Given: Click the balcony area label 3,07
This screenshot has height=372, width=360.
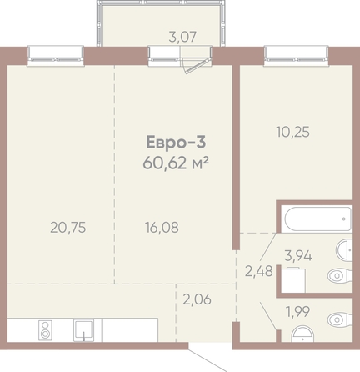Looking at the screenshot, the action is coord(182,37).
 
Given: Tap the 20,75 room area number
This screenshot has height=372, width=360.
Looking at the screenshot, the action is coord(68,228).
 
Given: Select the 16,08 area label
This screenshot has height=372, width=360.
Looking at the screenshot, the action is coord(162,228).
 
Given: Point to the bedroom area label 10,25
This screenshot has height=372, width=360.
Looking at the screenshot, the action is coord(292,132).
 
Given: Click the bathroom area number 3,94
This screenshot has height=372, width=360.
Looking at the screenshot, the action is coord(298,256).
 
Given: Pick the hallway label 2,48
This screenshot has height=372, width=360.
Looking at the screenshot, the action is coord(259,271).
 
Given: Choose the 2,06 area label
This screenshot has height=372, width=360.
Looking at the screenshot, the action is coord(197,299).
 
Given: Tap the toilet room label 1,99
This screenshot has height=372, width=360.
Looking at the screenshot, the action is coord(297,312).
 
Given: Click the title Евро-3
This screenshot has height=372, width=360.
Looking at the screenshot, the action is coord(176,142).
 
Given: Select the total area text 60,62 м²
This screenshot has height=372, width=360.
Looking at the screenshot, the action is coord(176,163).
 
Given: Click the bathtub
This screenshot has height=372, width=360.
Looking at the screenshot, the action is coord(318,219).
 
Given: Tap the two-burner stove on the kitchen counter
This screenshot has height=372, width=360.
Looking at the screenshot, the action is coord(45,329).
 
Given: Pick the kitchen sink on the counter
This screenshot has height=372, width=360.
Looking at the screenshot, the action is coord(83,330).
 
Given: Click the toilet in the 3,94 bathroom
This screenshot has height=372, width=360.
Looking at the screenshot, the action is coord(340,276).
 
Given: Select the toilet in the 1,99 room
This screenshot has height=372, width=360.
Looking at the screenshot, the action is coord(340,319).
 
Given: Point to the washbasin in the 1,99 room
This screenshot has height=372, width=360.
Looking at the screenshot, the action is coord(302,334).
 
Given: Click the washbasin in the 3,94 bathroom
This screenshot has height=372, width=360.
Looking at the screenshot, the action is coord(344,250).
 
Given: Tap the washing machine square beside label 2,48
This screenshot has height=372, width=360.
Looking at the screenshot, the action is coord(293,280).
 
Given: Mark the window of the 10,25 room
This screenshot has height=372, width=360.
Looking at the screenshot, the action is coord(297,56).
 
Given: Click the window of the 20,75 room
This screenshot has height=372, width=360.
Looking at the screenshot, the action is coord(56,56).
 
